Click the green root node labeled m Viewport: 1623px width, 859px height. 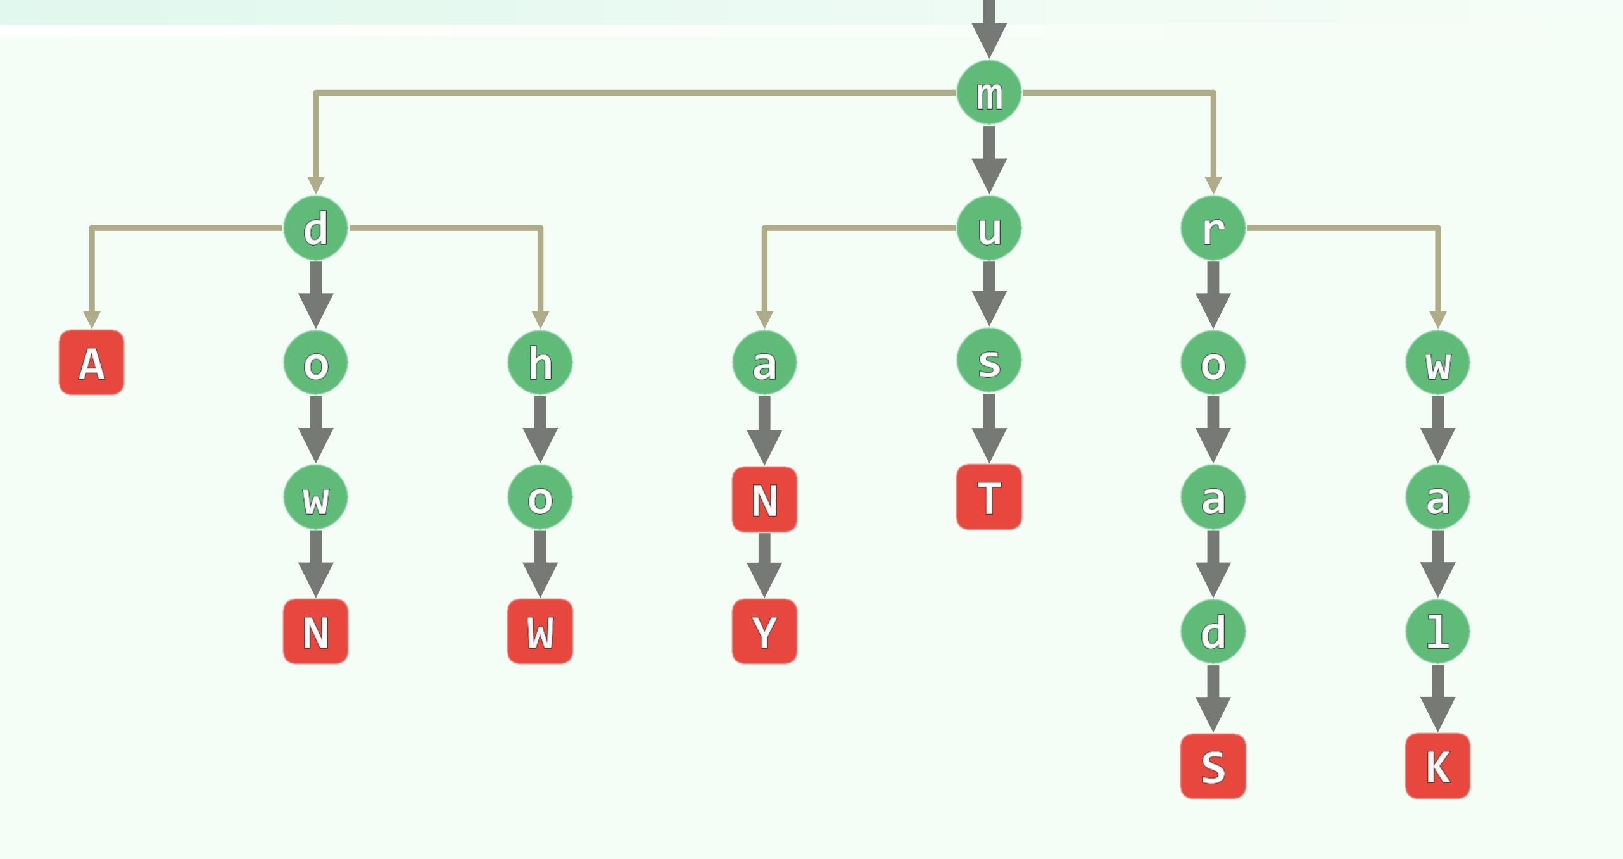pyautogui.click(x=988, y=93)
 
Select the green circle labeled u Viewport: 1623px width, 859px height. pyautogui.click(x=988, y=228)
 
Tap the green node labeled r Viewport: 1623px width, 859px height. pyautogui.click(x=1213, y=228)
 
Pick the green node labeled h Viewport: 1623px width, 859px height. pyautogui.click(x=540, y=363)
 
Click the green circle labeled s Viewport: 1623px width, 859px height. pyautogui.click(x=988, y=361)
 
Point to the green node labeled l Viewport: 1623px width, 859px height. pyautogui.click(x=1437, y=631)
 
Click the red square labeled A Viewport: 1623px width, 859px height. pyautogui.click(x=92, y=363)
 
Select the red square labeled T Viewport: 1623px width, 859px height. pyautogui.click(x=988, y=497)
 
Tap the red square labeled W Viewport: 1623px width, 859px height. pyautogui.click(x=540, y=631)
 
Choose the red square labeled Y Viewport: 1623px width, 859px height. pyautogui.click(x=764, y=631)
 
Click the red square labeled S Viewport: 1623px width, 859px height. pyautogui.click(x=1213, y=766)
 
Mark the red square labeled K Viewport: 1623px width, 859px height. pyautogui.click(x=1437, y=766)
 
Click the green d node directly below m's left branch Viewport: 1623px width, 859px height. pyautogui.click(x=315, y=228)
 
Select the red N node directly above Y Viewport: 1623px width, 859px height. pyautogui.click(x=764, y=499)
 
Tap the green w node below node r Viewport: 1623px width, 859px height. pyautogui.click(x=1437, y=363)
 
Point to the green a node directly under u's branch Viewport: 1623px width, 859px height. pyautogui.click(x=764, y=363)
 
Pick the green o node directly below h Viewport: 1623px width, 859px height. pyautogui.click(x=540, y=498)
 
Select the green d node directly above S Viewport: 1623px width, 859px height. pyautogui.click(x=1213, y=631)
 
